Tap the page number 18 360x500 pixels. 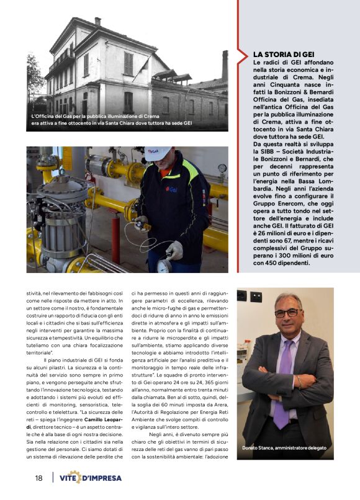coord(38,478)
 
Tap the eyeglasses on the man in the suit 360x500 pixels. coord(286,313)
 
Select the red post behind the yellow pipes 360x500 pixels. coord(115,239)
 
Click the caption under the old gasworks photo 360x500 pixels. coord(112,120)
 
